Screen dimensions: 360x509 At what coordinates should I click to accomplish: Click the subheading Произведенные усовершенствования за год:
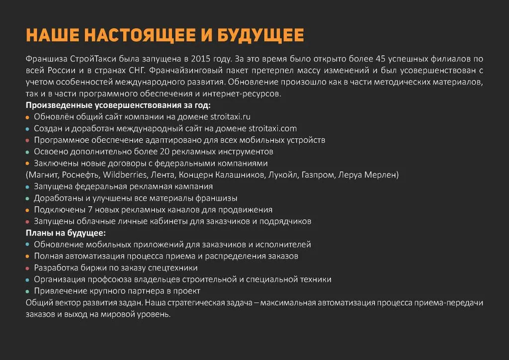tap(118, 105)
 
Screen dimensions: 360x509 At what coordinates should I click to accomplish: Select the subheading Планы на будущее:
tap(66, 233)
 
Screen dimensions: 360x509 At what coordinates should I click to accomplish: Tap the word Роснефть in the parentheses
tap(82, 175)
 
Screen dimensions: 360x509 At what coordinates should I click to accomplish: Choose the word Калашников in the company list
tap(240, 175)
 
